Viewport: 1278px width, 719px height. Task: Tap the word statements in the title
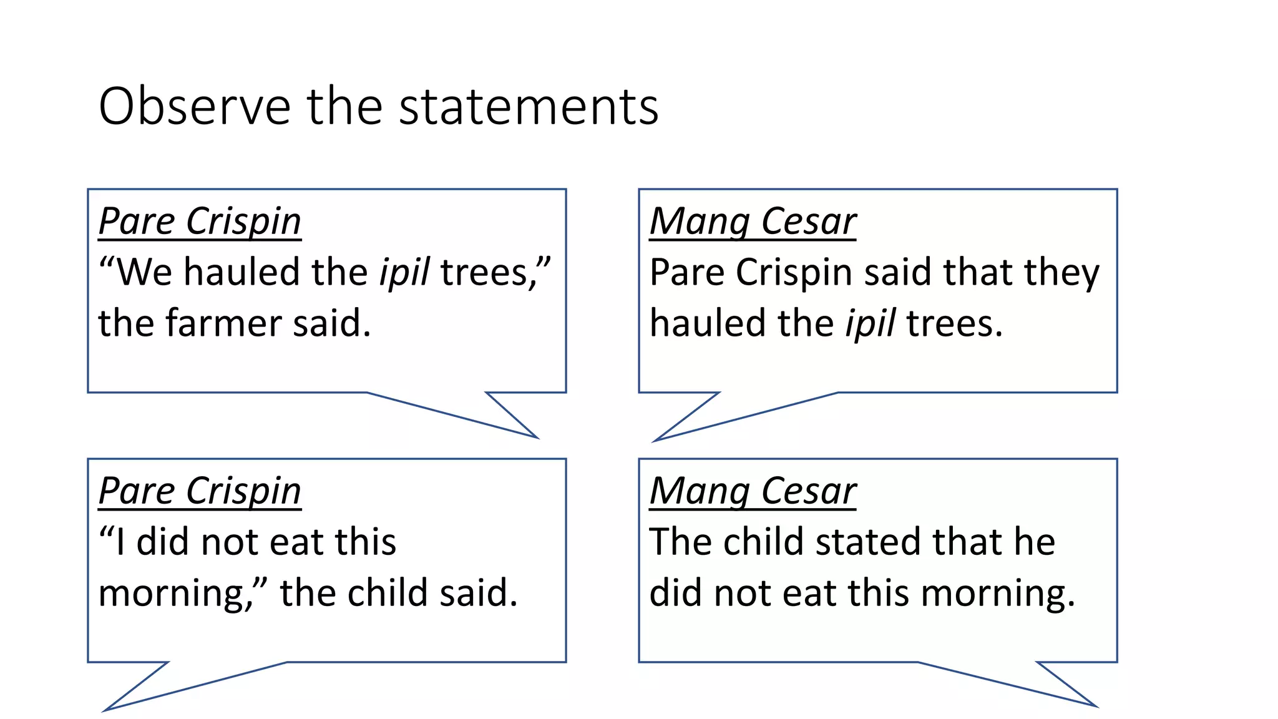click(529, 106)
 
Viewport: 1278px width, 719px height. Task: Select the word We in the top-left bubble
click(144, 272)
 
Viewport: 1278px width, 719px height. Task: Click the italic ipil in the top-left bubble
click(404, 272)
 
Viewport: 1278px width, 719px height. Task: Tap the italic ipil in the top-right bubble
click(870, 323)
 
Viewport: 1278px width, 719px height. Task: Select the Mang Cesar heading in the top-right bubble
click(753, 221)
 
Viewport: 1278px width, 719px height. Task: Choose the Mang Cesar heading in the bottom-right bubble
click(753, 491)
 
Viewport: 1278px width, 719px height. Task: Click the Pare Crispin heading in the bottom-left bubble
click(200, 491)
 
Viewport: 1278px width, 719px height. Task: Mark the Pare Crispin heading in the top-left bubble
click(200, 221)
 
